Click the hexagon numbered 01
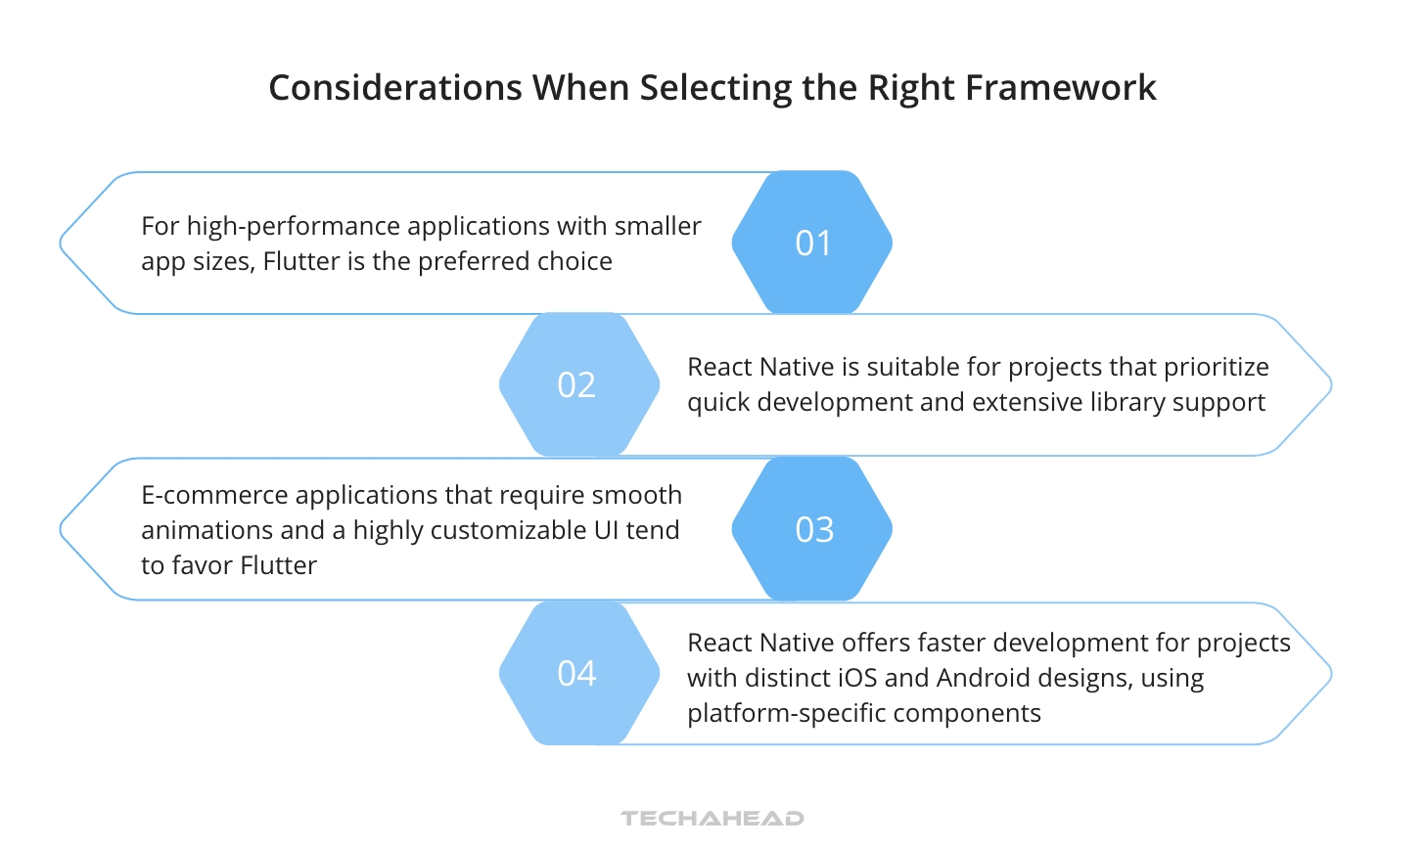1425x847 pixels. [812, 243]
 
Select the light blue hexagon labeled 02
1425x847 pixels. [578, 384]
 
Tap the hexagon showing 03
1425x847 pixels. [812, 529]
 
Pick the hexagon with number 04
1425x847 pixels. [578, 673]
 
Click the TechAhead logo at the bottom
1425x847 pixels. [712, 818]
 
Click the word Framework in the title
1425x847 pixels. [1060, 88]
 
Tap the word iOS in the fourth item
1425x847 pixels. [857, 678]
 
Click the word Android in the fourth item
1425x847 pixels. [981, 678]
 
